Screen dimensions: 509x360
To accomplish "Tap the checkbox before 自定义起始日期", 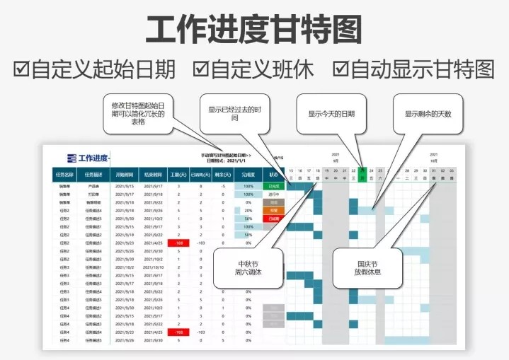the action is coord(21,69).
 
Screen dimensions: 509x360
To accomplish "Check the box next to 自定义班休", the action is coord(201,69).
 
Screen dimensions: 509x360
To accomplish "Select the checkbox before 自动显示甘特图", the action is coord(341,69).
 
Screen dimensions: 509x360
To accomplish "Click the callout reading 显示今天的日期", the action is coord(331,113).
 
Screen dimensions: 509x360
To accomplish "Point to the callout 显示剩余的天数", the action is coord(428,113).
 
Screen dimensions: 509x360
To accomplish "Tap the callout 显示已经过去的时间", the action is coord(234,114).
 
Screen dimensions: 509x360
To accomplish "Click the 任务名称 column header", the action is coord(64,173).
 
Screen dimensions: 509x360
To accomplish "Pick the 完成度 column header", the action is coord(248,173).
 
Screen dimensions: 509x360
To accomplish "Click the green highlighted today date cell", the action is coord(362,175).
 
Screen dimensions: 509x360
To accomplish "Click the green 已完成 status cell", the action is coord(274,186).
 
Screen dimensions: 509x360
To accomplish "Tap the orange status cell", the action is coord(274,210).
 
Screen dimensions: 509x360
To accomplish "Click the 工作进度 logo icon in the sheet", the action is coord(72,158).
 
